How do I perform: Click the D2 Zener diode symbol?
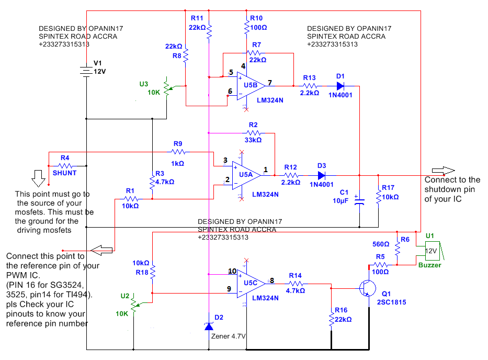click(209, 326)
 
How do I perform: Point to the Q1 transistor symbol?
click(368, 288)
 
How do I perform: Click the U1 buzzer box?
click(433, 251)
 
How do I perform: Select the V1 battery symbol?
click(86, 71)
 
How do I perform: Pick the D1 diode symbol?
click(341, 86)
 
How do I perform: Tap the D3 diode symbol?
click(322, 175)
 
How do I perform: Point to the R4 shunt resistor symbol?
click(65, 166)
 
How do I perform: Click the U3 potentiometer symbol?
click(167, 88)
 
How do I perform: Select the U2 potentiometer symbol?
click(134, 304)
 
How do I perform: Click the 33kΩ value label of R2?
click(253, 140)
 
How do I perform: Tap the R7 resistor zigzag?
click(255, 53)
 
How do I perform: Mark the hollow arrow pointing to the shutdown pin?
click(443, 171)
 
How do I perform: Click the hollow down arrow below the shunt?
click(39, 178)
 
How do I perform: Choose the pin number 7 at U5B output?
click(270, 83)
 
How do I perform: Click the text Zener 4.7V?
click(229, 336)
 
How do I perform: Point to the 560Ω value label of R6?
click(381, 244)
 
